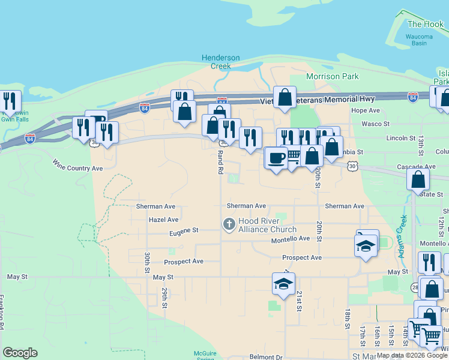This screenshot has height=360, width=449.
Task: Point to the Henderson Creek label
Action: tap(220, 62)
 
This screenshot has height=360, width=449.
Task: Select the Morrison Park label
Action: tap(333, 76)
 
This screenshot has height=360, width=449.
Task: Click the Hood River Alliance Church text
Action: tap(267, 225)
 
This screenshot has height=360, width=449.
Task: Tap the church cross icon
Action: tap(229, 225)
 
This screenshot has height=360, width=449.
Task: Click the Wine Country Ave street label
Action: tap(77, 164)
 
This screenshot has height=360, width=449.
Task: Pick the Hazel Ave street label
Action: tap(164, 220)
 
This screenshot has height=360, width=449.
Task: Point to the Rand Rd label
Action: tap(220, 162)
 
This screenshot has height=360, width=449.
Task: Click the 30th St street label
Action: tap(146, 262)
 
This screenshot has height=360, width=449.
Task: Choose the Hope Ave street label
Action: tap(366, 110)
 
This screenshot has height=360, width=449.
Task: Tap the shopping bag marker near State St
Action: tap(418, 179)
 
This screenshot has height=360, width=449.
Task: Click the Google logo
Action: tap(20, 353)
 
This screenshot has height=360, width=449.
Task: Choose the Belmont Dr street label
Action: tap(266, 356)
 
